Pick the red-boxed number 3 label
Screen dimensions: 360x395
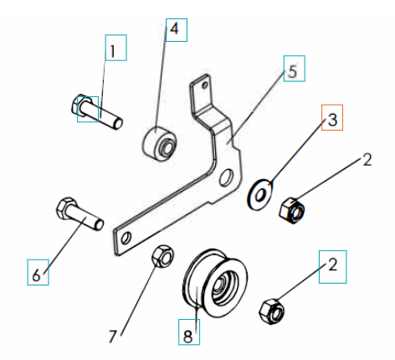tap(331, 120)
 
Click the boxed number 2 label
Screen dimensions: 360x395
tap(332, 269)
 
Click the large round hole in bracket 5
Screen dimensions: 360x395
tap(226, 178)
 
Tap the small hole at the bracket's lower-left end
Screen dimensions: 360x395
tap(126, 239)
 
